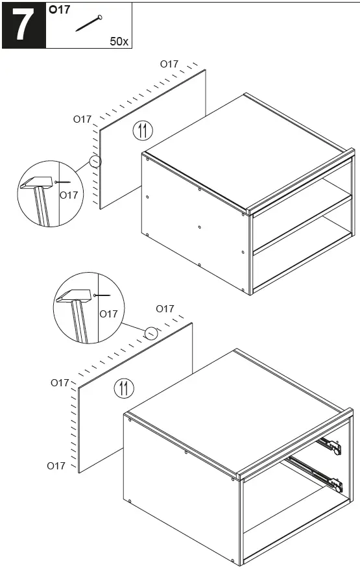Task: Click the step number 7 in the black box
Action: (23, 25)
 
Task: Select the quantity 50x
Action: (119, 41)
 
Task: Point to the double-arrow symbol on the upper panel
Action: (143, 130)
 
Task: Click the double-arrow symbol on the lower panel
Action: (123, 389)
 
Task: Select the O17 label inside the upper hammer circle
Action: (69, 195)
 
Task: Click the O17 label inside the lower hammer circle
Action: (108, 314)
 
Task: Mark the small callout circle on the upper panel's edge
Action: (96, 161)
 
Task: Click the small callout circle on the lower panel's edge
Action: (150, 332)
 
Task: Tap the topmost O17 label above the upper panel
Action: (169, 64)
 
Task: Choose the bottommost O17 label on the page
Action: (56, 465)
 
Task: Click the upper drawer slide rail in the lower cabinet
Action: (329, 445)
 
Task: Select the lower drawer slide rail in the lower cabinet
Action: (315, 472)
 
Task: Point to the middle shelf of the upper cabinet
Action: (302, 224)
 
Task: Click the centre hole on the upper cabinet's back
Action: (199, 227)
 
